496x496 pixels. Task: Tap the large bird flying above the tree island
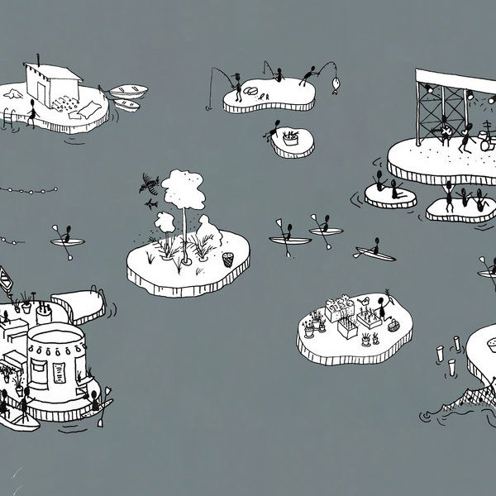[150, 182]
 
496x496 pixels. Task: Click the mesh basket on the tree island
[228, 260]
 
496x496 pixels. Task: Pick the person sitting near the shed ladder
[31, 111]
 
